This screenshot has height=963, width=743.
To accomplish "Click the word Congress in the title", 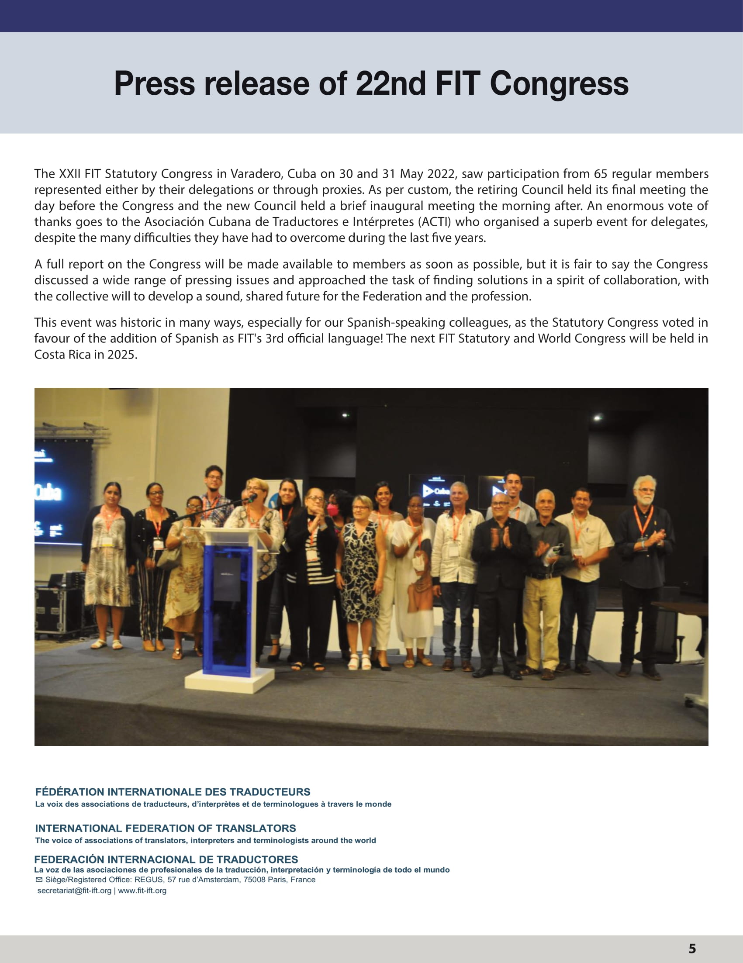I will pos(559,84).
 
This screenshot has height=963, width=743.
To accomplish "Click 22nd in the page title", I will pos(390,84).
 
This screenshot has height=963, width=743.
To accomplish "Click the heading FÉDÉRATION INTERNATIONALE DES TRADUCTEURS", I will pos(173,792).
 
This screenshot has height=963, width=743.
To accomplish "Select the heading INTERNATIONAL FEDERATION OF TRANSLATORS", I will pos(166,828).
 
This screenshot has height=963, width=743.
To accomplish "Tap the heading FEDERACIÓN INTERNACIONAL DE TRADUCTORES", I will pos(166,859).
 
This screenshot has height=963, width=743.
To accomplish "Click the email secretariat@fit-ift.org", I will pos(74,891).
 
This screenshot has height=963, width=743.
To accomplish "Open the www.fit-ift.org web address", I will pos(142,891).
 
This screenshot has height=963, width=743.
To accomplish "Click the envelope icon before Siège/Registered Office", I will pos(39,880).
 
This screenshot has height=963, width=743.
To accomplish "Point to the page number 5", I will pos(692,949).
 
